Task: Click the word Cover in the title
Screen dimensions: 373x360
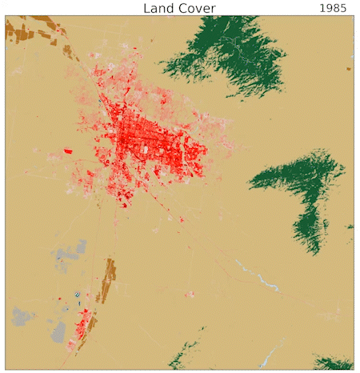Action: (x=197, y=8)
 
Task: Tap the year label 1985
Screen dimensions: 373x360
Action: (x=333, y=8)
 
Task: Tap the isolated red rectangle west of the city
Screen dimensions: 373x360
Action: (x=68, y=150)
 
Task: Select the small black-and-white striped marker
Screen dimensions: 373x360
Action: (x=77, y=295)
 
